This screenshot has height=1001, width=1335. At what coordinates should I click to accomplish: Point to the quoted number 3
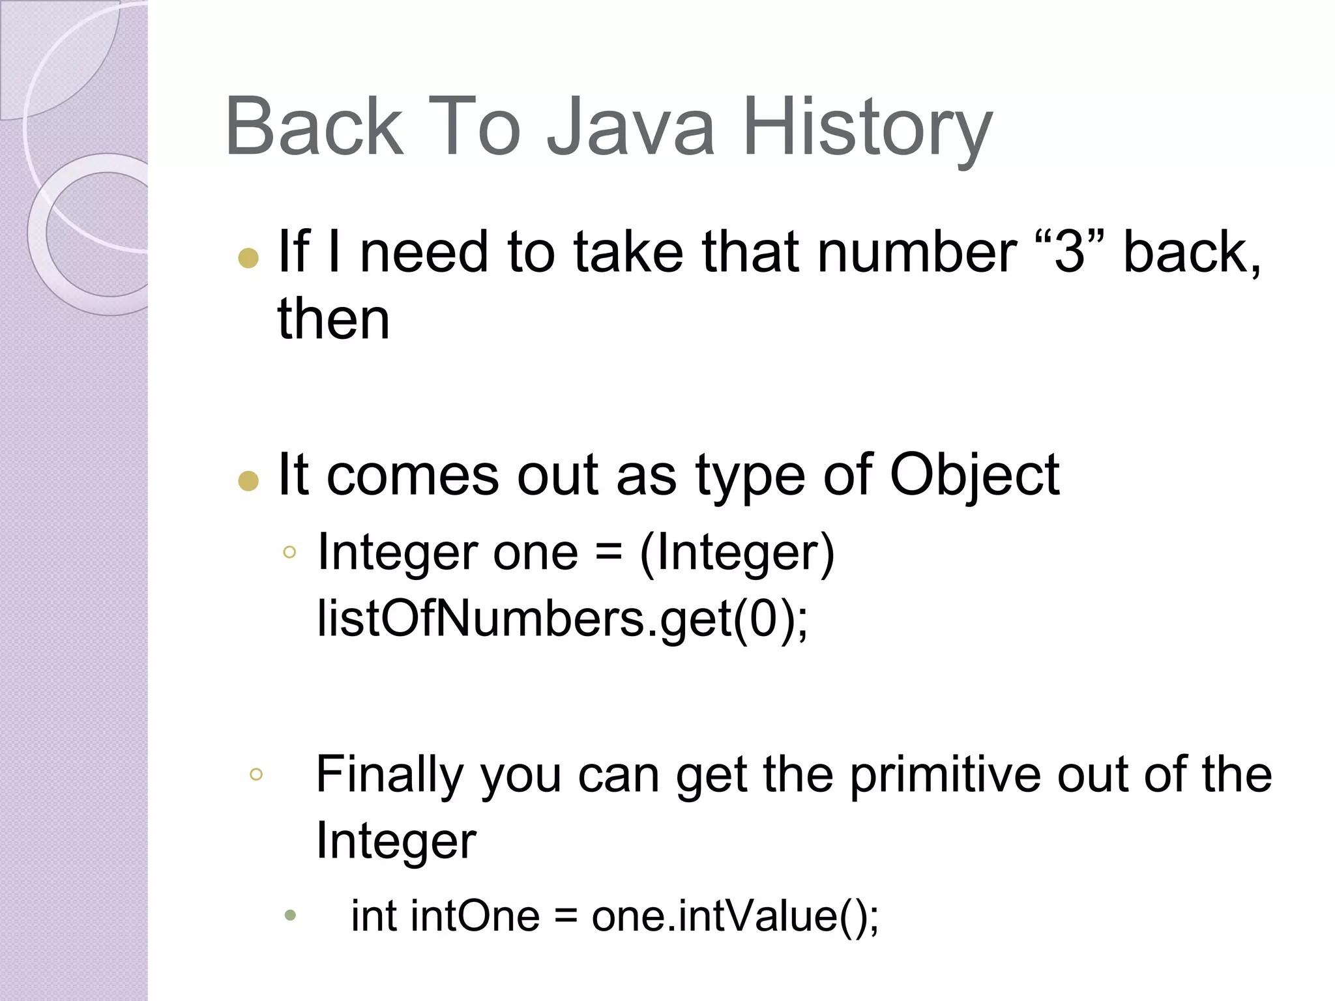point(1070,252)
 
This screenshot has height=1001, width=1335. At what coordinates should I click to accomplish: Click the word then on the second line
point(334,319)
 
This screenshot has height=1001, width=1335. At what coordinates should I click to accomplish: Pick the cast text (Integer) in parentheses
point(737,553)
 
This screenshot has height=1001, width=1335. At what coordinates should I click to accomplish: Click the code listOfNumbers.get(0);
point(563,618)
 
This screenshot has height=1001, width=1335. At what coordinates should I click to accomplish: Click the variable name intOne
point(475,916)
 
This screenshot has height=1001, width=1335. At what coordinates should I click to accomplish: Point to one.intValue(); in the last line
point(735,916)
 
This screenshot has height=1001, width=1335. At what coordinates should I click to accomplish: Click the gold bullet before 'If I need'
point(248,258)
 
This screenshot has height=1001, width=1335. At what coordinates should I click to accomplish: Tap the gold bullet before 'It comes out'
point(248,481)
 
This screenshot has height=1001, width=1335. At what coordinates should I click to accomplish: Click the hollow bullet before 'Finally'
point(256,774)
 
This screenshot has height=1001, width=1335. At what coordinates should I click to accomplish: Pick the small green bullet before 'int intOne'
point(291,916)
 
